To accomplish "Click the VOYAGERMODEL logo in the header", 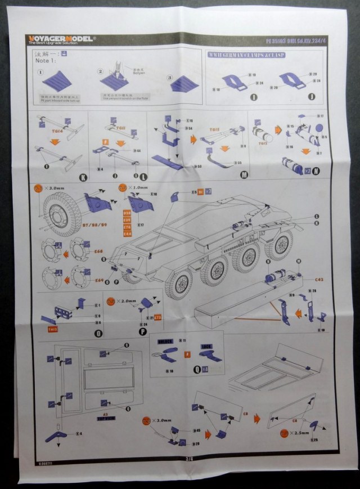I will coord(61,39).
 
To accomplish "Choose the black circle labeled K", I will coord(83,178).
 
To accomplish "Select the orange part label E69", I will coord(100,280).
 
